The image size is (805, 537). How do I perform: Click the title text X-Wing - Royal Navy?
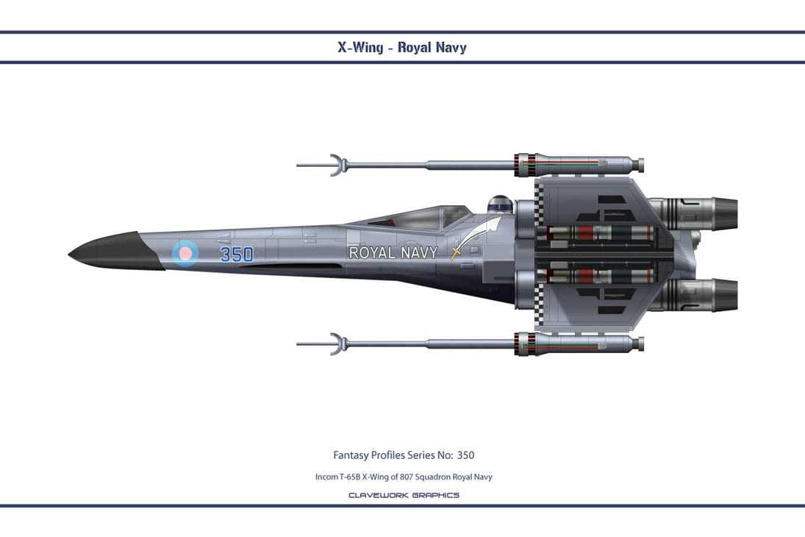[401, 47]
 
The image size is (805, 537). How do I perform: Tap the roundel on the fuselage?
[185, 253]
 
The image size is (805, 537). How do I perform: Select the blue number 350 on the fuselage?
[237, 255]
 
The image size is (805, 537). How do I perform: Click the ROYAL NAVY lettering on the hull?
[393, 253]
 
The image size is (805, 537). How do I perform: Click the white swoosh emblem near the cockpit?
[482, 232]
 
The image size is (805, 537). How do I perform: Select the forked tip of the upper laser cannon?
[335, 165]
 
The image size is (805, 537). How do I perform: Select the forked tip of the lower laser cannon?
[335, 344]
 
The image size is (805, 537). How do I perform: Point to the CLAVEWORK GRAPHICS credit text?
[404, 495]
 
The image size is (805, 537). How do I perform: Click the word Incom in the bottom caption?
[326, 477]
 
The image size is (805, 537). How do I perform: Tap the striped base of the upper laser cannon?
[525, 165]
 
